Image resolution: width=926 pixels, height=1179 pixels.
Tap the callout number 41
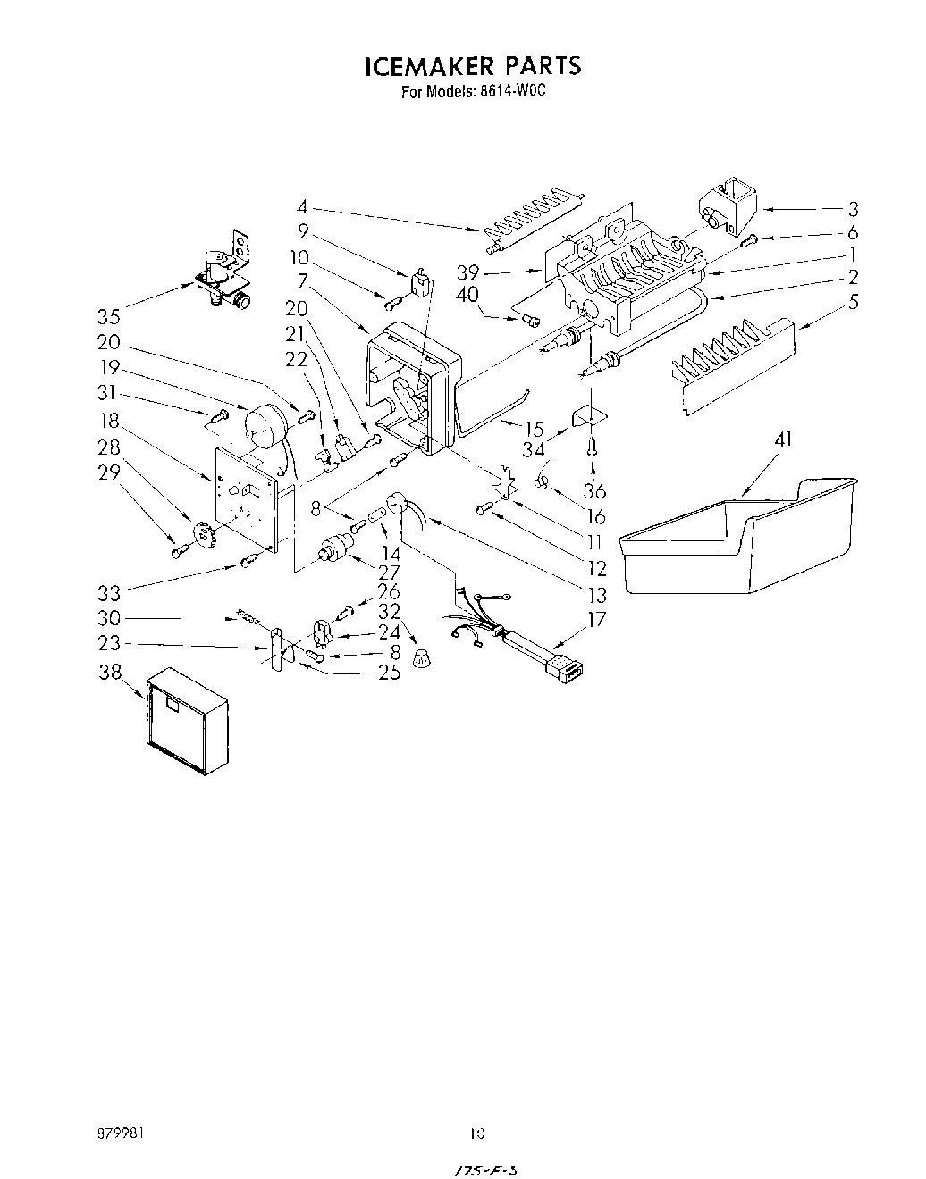tap(782, 439)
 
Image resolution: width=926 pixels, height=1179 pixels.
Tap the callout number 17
tap(596, 618)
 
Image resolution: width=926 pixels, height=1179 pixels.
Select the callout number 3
tap(853, 210)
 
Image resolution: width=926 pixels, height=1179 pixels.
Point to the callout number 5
tap(853, 302)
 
